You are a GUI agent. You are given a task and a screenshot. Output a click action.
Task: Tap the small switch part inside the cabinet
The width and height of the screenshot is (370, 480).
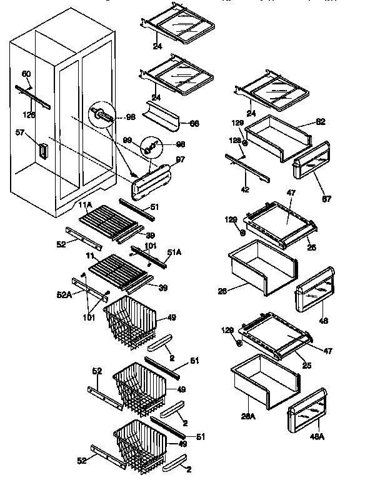pyautogui.click(x=42, y=151)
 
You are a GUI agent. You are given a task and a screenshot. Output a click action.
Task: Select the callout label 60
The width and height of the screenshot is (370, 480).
pyautogui.click(x=26, y=74)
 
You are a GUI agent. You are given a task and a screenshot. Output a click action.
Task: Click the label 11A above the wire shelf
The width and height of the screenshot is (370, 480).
pyautogui.click(x=85, y=204)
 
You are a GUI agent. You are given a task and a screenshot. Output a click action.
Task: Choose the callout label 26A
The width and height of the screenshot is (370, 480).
pyautogui.click(x=249, y=416)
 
